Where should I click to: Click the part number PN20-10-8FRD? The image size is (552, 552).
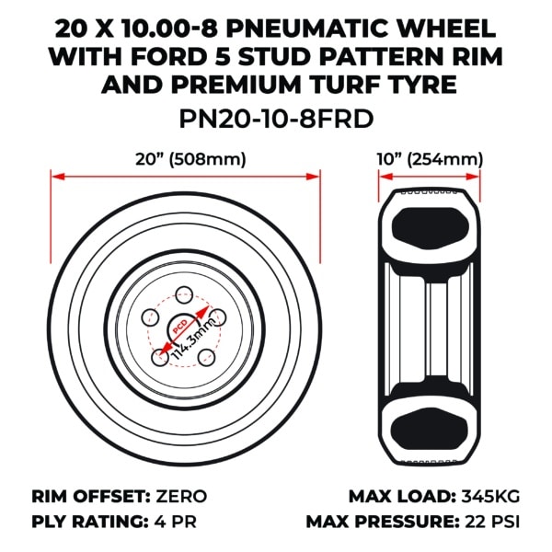276,119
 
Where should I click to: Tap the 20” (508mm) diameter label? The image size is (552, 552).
190,159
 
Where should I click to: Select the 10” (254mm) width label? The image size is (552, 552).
430,159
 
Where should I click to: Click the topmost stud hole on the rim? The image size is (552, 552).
184,295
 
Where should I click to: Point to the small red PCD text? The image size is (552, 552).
180,327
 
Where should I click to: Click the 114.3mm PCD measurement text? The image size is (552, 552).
193,339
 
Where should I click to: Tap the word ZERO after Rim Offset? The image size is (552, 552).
181,497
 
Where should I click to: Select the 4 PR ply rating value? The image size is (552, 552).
176,522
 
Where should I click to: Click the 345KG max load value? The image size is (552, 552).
490,497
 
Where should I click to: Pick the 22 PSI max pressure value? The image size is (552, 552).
492,522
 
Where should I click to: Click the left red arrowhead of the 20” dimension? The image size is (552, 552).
58,177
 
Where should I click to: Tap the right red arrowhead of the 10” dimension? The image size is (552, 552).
473,177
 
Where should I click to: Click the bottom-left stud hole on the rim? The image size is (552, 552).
160,358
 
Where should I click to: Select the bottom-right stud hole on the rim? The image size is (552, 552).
206,358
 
